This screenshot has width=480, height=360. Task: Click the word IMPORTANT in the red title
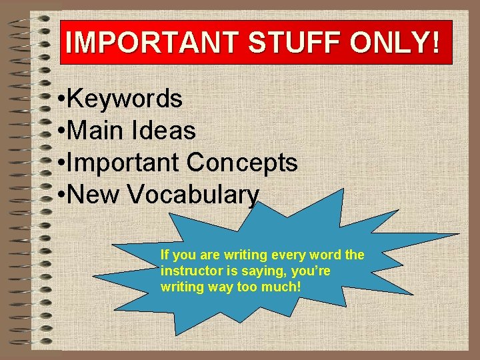pos(152,43)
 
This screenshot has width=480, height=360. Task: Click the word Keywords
pos(125,99)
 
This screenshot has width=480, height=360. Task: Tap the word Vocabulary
pos(193,195)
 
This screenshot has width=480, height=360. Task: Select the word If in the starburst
pos(165,255)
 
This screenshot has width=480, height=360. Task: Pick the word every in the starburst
pos(283,255)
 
